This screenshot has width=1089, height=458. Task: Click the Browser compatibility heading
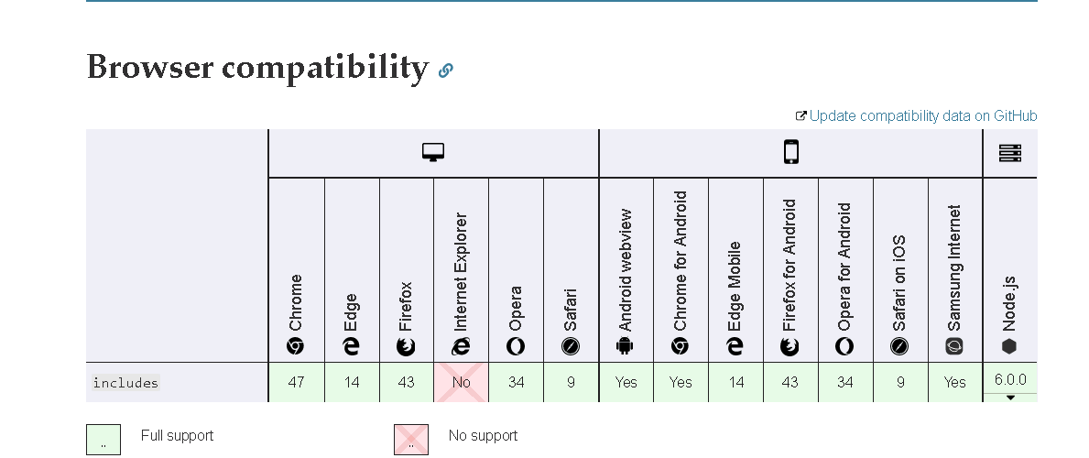point(257,68)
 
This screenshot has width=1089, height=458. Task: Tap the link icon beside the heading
point(446,71)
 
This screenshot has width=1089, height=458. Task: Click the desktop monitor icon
point(433,152)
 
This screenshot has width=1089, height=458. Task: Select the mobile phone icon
point(791,151)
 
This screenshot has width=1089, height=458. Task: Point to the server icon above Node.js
point(1010,153)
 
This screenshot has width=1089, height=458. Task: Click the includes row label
point(125,382)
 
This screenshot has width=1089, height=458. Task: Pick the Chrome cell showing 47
point(297,382)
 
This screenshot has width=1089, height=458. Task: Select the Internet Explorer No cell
point(462,382)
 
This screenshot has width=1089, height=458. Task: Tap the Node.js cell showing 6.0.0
point(1010,379)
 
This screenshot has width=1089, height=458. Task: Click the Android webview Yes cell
point(626,382)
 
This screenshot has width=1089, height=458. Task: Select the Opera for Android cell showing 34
point(845,382)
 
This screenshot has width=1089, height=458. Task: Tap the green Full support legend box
point(103,440)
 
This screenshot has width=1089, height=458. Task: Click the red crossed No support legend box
point(411,440)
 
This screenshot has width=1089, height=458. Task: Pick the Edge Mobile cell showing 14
point(735,382)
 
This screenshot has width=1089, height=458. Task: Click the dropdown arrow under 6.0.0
point(1010,398)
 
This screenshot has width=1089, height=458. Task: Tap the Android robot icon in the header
point(625,345)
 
